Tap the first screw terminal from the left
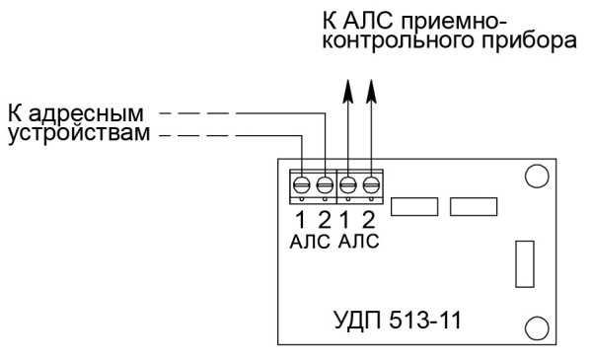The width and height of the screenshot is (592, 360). (302, 183)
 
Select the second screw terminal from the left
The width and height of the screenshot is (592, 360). (325, 183)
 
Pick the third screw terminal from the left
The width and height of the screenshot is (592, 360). (348, 183)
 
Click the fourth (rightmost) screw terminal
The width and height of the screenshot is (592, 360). (371, 183)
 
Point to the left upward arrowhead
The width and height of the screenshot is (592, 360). (348, 91)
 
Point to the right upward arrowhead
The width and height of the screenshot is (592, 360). (371, 91)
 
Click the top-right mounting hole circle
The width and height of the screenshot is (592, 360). (536, 177)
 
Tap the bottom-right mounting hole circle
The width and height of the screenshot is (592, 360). (536, 327)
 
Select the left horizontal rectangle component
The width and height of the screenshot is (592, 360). (414, 206)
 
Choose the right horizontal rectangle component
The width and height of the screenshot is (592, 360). (473, 206)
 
